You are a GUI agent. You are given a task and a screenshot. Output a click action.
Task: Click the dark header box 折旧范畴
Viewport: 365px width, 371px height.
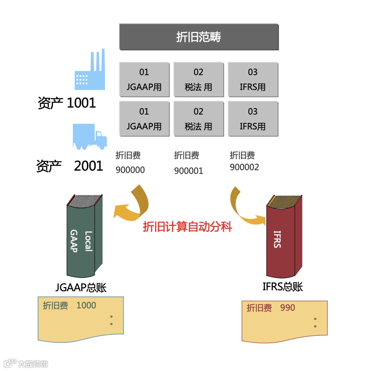coord(199,37)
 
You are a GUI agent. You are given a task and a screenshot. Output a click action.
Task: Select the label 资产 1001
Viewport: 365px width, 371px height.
coord(67,102)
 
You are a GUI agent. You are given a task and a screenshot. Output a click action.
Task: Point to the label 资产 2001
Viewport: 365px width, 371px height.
coord(70,166)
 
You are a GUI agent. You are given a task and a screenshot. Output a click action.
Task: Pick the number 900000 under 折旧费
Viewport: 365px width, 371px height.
coord(130,170)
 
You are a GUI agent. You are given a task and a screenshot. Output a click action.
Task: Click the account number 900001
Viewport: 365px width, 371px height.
coord(189,171)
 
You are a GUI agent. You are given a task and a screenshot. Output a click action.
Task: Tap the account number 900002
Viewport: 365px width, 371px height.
coord(244,167)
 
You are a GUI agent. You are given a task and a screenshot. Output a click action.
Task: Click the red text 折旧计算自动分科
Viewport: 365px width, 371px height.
coord(187,227)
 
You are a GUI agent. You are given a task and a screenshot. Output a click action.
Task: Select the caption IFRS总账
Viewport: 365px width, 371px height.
coord(282,287)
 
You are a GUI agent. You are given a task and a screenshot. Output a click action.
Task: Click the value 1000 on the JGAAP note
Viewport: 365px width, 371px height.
coord(86,305)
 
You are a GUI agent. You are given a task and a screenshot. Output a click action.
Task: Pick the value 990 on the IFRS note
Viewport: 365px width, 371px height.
coord(287,307)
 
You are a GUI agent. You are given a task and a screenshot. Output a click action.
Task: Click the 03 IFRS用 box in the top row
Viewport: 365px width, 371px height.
coord(253,79)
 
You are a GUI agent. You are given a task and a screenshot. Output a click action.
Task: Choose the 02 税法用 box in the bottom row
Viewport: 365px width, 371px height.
coord(198,119)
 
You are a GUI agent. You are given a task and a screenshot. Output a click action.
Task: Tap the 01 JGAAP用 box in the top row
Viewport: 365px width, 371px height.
coord(144,79)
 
